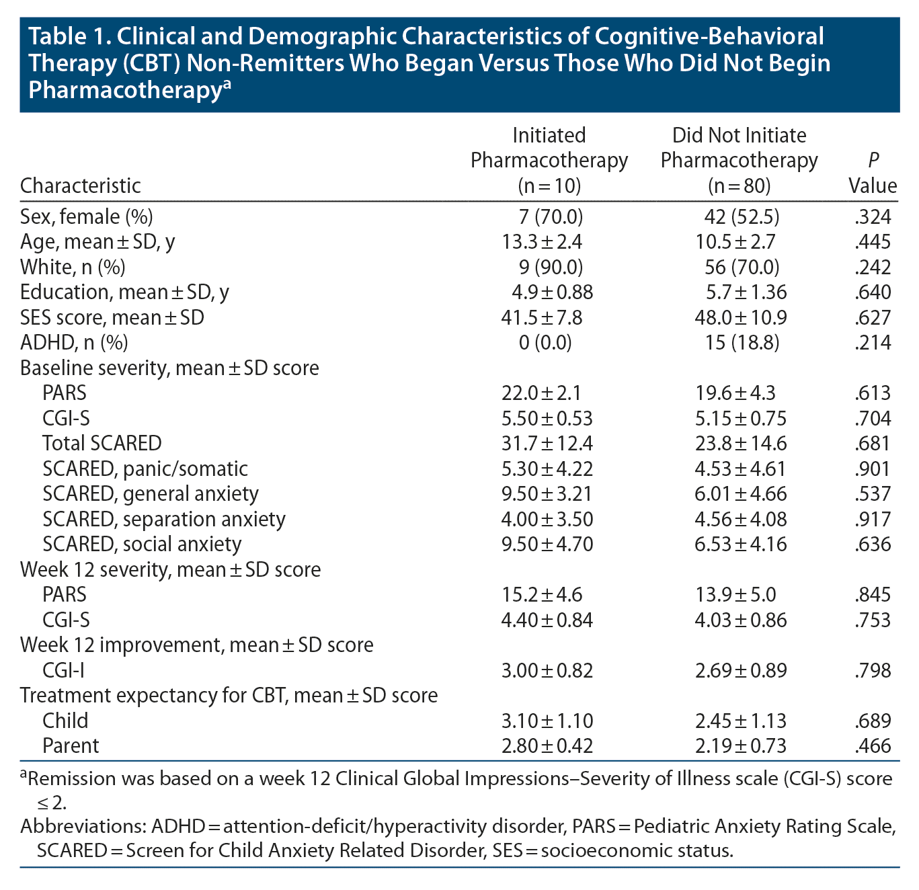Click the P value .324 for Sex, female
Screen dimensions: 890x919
click(873, 217)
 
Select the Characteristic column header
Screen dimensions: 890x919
click(81, 186)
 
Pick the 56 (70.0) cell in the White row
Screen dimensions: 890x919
click(739, 268)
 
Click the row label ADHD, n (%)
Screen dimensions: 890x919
click(74, 343)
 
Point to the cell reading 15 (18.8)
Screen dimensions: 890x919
click(739, 343)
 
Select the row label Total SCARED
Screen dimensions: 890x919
click(102, 444)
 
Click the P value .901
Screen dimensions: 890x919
click(873, 469)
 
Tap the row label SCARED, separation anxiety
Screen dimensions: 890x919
click(163, 519)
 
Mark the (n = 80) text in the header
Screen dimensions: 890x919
click(739, 186)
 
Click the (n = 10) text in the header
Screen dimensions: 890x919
click(549, 186)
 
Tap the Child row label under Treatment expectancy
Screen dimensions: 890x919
click(65, 721)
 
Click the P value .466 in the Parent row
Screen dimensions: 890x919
click(873, 745)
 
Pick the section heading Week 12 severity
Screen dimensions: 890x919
click(170, 569)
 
